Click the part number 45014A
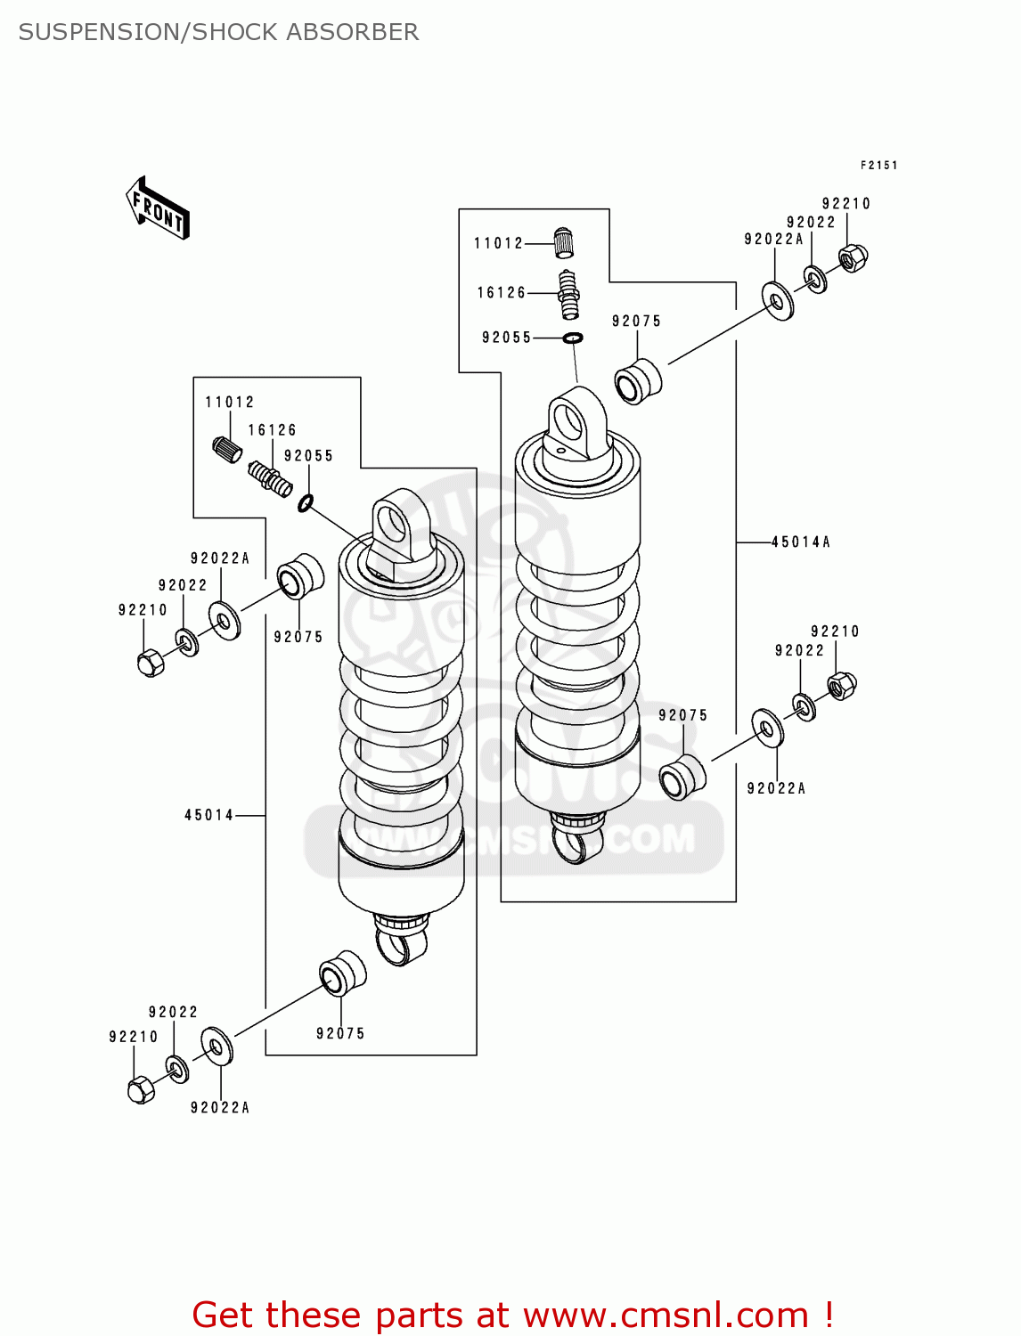(800, 542)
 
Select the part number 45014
(209, 815)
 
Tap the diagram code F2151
(878, 166)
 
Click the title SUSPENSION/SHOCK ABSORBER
(218, 32)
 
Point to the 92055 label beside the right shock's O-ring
(506, 338)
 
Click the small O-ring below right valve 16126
(573, 338)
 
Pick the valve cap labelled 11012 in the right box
(564, 241)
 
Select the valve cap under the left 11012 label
(227, 449)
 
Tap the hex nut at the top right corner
(853, 257)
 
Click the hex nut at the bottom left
(141, 1089)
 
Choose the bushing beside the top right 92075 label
(638, 381)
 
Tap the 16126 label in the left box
(272, 430)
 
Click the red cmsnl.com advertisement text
(512, 1315)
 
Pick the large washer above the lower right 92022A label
(767, 729)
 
